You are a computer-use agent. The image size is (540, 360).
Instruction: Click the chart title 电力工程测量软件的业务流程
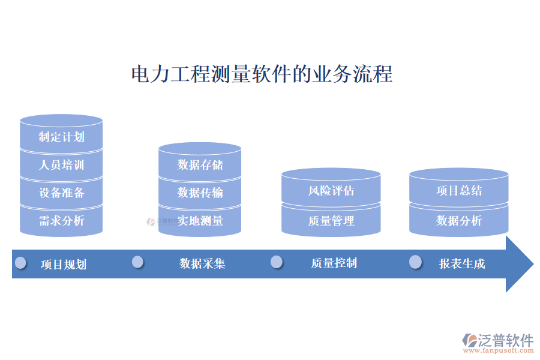262,74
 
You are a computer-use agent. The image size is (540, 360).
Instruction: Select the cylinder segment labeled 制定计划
61,137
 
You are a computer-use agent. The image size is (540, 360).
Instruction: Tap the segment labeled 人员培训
61,165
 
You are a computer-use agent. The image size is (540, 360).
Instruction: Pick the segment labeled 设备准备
61,193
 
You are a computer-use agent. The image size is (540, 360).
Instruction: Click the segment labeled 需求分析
61,221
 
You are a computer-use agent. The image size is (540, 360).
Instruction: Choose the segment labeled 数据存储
200,164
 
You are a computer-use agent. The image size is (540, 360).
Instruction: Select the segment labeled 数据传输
200,193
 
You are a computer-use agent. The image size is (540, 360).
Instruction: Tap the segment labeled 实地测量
200,221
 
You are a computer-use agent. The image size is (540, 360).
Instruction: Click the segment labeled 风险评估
331,191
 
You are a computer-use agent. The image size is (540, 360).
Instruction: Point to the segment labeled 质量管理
331,221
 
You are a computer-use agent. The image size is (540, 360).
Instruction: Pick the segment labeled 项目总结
459,191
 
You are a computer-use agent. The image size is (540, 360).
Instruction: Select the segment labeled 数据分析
459,221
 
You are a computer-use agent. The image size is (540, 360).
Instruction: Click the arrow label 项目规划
64,264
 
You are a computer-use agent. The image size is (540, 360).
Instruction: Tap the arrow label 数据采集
202,263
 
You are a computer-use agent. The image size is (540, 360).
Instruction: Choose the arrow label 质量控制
334,263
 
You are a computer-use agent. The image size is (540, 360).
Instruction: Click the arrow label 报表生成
462,263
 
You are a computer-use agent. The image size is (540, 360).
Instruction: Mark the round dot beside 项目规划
21,262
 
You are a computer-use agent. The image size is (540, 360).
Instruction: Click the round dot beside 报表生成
415,262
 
